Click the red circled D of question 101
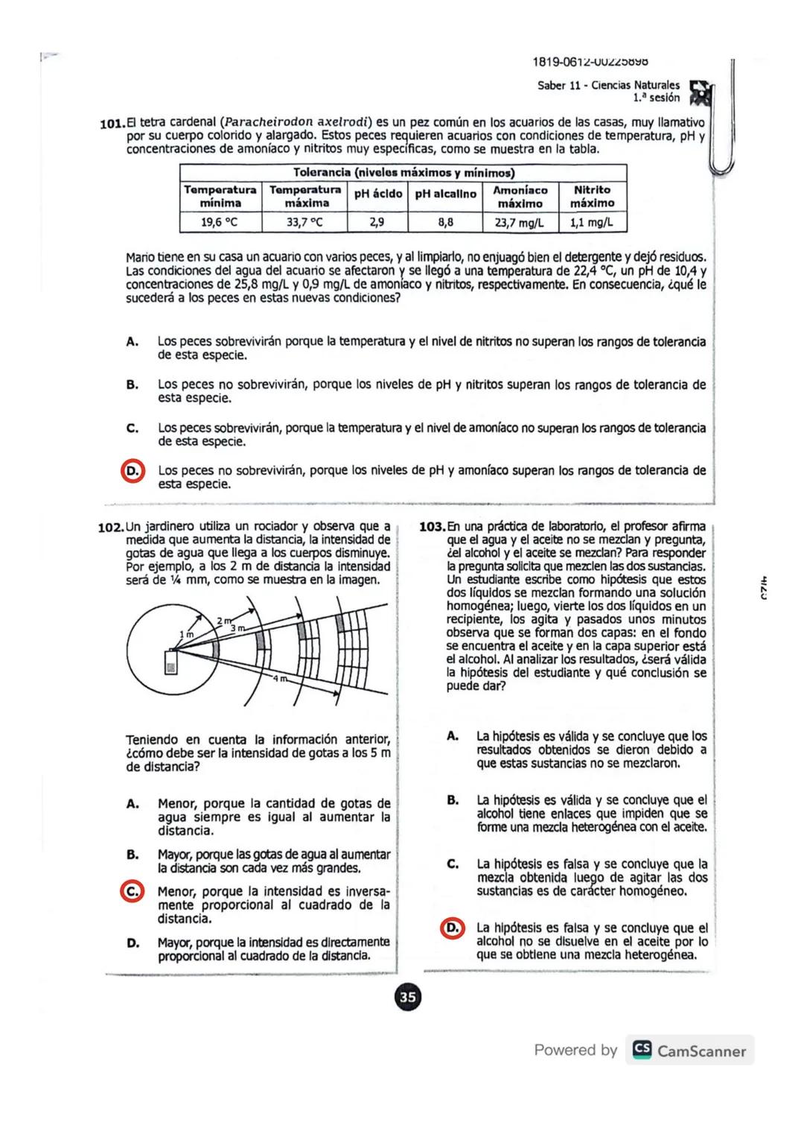133,472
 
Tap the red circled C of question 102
133,892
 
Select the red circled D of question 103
452,928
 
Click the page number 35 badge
407,997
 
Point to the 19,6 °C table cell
220,222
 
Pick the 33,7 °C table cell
305,222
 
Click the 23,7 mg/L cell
520,222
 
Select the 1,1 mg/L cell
593,222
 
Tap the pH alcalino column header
445,194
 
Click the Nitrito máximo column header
593,197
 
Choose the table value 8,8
445,222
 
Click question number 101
112,124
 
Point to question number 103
433,527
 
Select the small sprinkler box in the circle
171,662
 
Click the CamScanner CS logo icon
642,1050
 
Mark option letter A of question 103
452,736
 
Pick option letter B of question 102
133,855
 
